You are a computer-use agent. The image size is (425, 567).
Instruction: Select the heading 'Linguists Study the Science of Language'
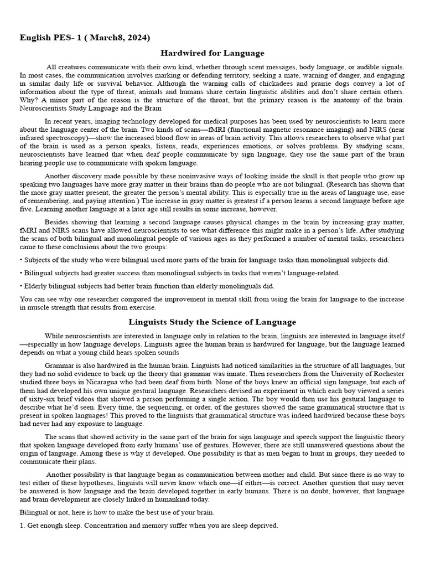click(212, 322)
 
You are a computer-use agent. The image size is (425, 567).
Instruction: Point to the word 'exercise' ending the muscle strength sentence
click(142, 307)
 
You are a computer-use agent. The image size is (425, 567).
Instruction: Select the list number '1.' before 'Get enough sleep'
click(22, 525)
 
